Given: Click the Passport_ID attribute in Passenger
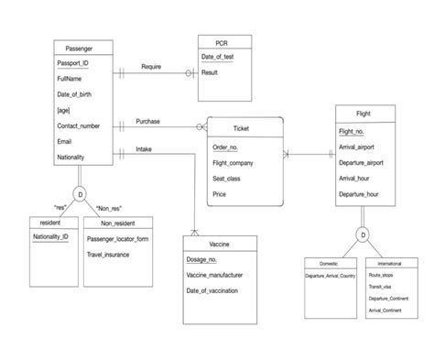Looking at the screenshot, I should [x=72, y=63].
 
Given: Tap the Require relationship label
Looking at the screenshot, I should [x=152, y=67].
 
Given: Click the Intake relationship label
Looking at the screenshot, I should [x=144, y=148].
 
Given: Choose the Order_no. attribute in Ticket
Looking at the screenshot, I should [x=226, y=147].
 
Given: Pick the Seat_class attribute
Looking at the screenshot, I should [x=228, y=179].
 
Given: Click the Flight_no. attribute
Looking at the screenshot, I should [x=352, y=131].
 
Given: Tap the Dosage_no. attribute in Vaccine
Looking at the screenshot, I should [x=202, y=260].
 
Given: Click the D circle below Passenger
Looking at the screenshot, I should [x=80, y=195].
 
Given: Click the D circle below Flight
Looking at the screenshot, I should [x=363, y=235].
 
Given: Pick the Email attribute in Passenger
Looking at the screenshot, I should [x=63, y=141].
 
